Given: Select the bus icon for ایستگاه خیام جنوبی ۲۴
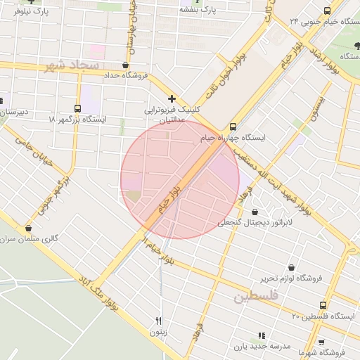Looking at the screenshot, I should point(326,11).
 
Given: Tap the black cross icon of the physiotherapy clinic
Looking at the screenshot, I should point(172,98).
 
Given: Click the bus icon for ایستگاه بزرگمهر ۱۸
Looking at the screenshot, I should point(77,108).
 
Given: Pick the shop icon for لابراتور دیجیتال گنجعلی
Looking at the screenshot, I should point(254,212).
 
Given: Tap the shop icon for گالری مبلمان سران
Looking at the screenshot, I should point(28,229).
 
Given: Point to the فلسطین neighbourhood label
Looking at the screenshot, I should point(256,297).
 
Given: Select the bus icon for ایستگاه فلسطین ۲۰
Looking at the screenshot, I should point(323,305).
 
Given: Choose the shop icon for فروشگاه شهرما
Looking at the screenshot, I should point(321,342).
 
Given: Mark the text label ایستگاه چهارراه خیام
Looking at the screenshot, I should point(233,138).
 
